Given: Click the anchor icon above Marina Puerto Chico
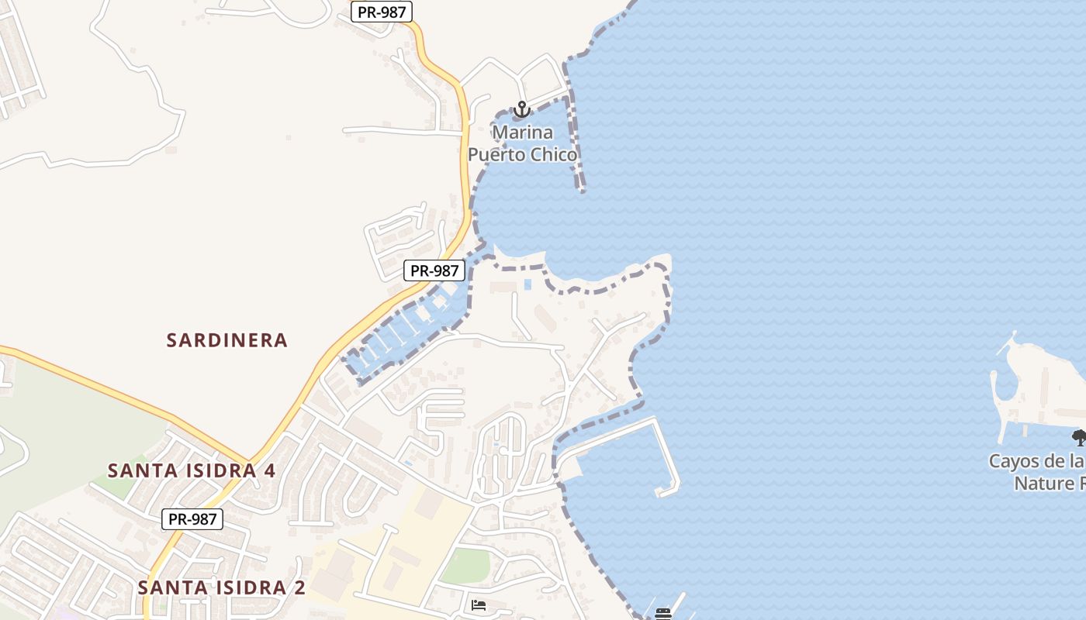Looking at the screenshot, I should click(x=521, y=109).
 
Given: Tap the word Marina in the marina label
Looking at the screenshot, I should click(x=522, y=132).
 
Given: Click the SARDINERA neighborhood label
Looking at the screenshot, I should click(x=227, y=340).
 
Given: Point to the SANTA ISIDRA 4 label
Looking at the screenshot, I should click(x=192, y=470).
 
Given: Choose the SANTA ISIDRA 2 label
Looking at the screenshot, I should click(x=222, y=587).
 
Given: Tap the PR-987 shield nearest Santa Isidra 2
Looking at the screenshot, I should click(x=192, y=519).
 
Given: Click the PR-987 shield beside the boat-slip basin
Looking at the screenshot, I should click(x=434, y=270).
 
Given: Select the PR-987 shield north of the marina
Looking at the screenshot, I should click(x=381, y=12).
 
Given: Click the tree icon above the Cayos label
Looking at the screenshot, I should click(x=1079, y=437).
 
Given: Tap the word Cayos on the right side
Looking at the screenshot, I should click(x=1013, y=462).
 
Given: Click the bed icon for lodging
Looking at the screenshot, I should click(x=479, y=604).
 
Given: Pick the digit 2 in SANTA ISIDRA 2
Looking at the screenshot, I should click(x=299, y=587).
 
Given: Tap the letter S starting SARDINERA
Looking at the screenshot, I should click(x=172, y=340).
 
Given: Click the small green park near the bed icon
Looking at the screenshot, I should click(x=465, y=565).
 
